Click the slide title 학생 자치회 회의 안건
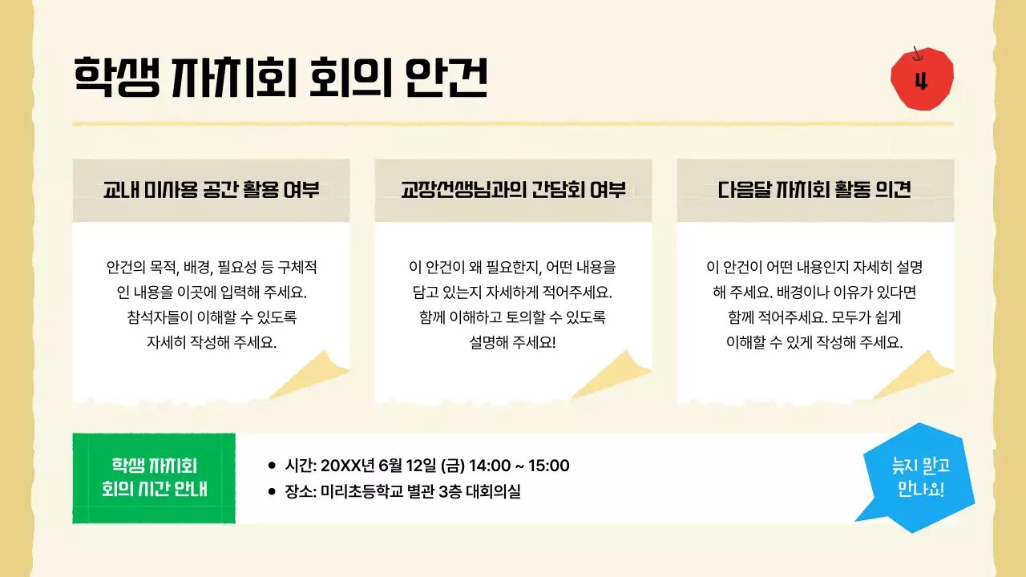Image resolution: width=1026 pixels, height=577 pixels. coord(281,77)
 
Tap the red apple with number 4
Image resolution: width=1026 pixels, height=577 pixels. coord(922,79)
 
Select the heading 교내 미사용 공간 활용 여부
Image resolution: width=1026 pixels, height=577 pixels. coord(211,191)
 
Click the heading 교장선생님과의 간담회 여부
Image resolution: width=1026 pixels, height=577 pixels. coord(513,191)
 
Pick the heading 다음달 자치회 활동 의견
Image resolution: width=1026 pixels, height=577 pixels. coord(814,191)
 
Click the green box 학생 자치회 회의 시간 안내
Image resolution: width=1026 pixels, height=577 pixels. coord(154,478)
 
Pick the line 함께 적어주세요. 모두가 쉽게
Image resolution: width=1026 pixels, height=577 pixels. coord(814,317)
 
